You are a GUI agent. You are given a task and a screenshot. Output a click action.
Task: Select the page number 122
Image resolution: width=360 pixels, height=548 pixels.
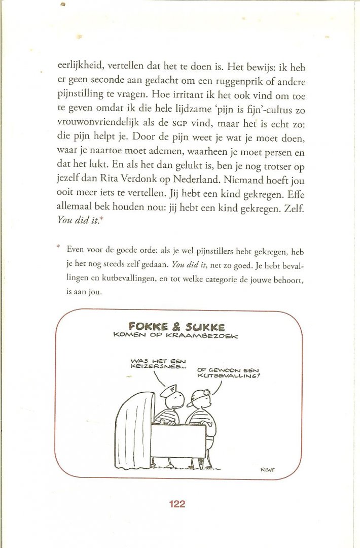(177, 504)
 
